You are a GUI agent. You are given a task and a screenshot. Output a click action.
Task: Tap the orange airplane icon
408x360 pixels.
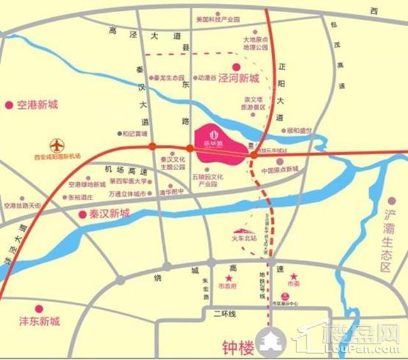[x=57, y=145]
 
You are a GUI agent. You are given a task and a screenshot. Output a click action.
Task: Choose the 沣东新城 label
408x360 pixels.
[x=38, y=320]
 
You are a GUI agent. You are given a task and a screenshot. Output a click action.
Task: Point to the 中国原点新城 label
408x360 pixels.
[x=280, y=169]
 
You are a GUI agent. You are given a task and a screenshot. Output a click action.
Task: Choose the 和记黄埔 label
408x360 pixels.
[x=135, y=134]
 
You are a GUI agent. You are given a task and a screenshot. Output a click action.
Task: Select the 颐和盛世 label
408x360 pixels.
[x=299, y=131]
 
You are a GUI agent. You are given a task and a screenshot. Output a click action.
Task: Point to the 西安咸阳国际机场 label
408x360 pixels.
[x=58, y=156]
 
